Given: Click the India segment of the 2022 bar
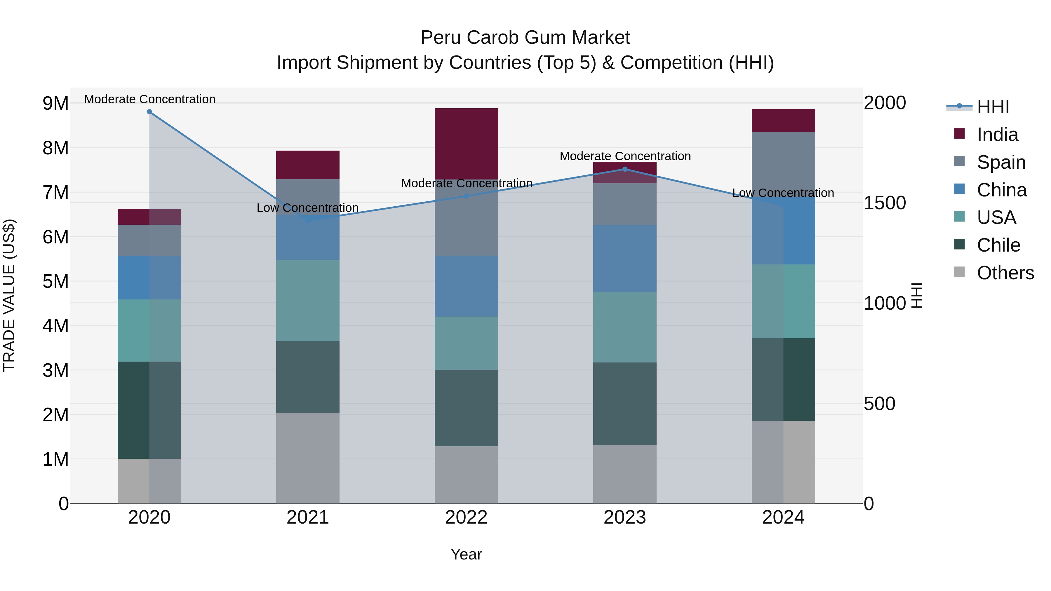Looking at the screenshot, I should click(x=466, y=144).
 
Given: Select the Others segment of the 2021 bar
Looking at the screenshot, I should click(x=308, y=458).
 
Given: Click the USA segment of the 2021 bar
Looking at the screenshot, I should click(x=308, y=300).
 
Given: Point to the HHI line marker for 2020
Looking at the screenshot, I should click(x=149, y=112).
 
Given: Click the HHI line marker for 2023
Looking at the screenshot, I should click(x=625, y=169).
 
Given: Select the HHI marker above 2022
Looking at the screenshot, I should click(x=466, y=196).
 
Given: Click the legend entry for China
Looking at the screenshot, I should click(x=1001, y=190).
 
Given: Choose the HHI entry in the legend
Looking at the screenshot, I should click(x=992, y=107).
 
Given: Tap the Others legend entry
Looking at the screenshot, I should click(x=1005, y=273).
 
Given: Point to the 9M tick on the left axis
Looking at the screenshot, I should click(x=55, y=104).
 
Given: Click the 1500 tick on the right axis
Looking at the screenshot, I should click(x=885, y=203).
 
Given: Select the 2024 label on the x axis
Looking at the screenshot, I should click(x=783, y=517).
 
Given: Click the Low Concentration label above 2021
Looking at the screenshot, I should click(x=308, y=208).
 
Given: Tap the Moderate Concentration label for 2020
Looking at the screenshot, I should click(x=150, y=99).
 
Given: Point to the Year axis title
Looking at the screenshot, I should click(x=466, y=554).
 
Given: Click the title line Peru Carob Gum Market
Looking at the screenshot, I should click(x=525, y=38).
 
